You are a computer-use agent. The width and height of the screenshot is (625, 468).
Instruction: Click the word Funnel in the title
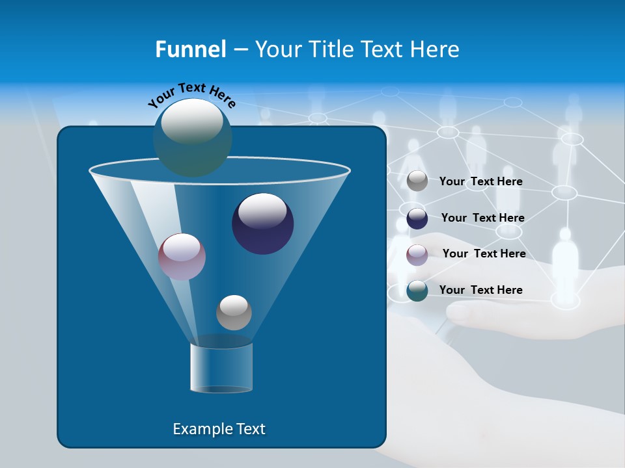tap(190, 49)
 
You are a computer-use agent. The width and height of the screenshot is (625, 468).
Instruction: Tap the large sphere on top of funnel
tap(192, 137)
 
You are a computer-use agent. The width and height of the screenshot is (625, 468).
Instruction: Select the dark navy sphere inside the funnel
tap(262, 224)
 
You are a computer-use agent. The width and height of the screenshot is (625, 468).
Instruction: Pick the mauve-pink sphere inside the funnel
tap(182, 257)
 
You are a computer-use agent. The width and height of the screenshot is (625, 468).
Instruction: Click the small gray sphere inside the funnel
tap(234, 313)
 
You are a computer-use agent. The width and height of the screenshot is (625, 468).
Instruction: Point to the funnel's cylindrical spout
tap(221, 368)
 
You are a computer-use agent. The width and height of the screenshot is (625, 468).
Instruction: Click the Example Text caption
tap(219, 429)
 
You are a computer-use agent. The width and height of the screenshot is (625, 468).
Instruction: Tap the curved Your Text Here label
tap(191, 96)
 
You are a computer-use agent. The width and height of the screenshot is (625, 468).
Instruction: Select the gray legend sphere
tap(417, 181)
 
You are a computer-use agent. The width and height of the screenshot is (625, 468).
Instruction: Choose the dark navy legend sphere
tap(417, 218)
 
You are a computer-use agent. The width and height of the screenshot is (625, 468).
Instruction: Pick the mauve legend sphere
tap(417, 255)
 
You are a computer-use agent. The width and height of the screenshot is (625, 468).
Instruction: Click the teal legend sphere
tap(417, 291)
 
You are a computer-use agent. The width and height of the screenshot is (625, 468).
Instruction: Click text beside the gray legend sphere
tap(480, 181)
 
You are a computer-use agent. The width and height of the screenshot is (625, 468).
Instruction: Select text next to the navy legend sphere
tap(482, 218)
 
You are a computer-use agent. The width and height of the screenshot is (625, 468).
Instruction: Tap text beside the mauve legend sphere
tap(484, 253)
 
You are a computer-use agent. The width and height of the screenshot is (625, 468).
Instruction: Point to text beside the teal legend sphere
tap(480, 290)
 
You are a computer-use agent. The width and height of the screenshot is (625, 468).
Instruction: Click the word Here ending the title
tap(436, 49)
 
